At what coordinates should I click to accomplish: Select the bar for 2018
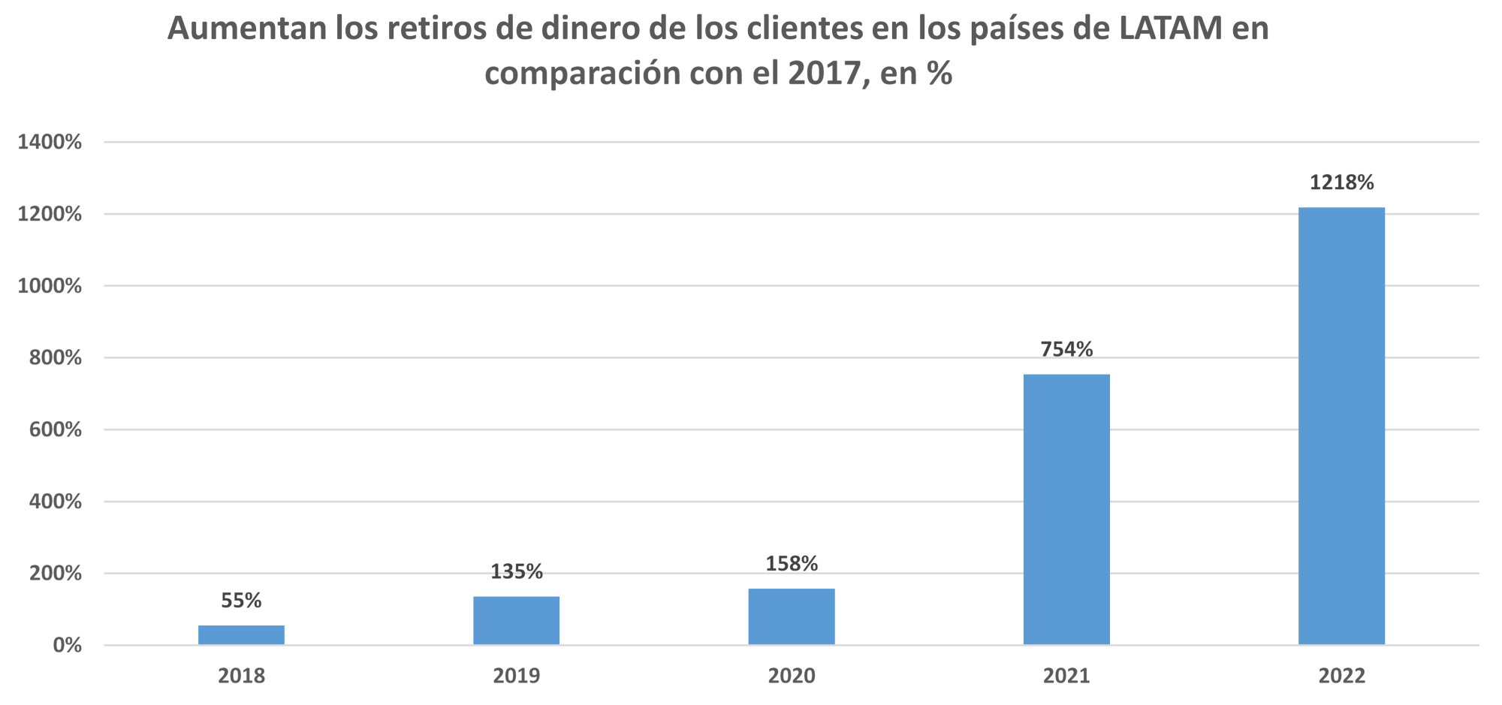pos(241,635)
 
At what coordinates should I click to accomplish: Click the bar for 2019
pos(516,620)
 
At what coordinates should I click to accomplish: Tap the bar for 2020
pos(792,616)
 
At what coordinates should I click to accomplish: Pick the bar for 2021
pos(1066,509)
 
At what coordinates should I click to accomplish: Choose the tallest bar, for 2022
pos(1341,426)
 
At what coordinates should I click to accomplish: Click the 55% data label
pos(241,601)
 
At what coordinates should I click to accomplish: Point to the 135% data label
pos(516,572)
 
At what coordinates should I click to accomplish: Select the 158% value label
pos(792,564)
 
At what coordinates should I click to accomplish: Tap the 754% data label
pos(1066,350)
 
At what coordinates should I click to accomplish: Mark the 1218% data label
pos(1341,183)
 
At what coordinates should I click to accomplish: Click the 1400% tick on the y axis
pos(50,142)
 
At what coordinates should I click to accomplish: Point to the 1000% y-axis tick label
pos(50,286)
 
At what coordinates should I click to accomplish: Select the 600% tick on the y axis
pos(55,429)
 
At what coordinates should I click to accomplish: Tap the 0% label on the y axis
pos(67,645)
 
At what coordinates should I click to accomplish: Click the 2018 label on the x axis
pos(241,676)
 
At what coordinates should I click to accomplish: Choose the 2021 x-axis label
pos(1066,676)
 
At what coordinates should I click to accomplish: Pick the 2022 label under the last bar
pos(1341,676)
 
